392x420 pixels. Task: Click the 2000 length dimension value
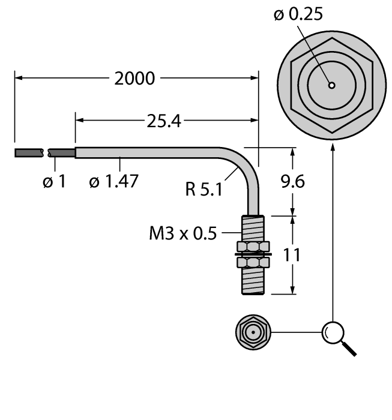click(x=136, y=79)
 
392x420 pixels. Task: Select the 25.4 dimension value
click(x=163, y=121)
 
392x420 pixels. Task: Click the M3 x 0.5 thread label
click(x=185, y=233)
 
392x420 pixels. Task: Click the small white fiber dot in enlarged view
click(x=331, y=85)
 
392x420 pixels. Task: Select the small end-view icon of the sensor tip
click(x=253, y=332)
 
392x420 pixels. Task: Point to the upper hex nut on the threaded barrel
click(x=252, y=247)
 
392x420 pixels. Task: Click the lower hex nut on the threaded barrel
click(x=252, y=263)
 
